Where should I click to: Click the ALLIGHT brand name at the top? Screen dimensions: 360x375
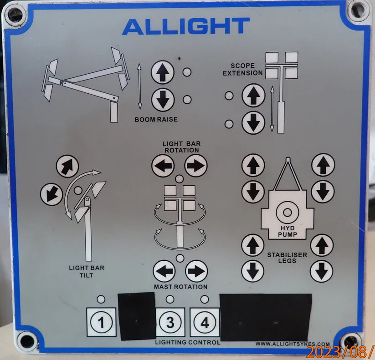pyautogui.click(x=186, y=27)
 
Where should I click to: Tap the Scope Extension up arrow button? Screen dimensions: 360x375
pyautogui.click(x=253, y=96)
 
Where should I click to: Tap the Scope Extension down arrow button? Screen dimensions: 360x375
pyautogui.click(x=253, y=122)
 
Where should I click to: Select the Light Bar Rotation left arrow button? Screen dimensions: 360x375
pyautogui.click(x=163, y=166)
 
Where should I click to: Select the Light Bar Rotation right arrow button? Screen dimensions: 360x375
pyautogui.click(x=196, y=166)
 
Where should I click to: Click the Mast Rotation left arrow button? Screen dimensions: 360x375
pyautogui.click(x=164, y=272)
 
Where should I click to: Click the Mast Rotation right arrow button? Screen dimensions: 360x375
pyautogui.click(x=196, y=272)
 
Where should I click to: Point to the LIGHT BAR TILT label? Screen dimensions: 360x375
pyautogui.click(x=87, y=271)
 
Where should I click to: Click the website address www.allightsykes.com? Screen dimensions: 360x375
pyautogui.click(x=292, y=344)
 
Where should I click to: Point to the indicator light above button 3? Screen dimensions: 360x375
pyautogui.click(x=170, y=299)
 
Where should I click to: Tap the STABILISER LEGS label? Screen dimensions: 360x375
pyautogui.click(x=287, y=258)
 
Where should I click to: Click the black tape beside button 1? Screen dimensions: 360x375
pyautogui.click(x=137, y=316)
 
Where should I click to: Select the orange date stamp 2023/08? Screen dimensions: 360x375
pyautogui.click(x=340, y=352)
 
